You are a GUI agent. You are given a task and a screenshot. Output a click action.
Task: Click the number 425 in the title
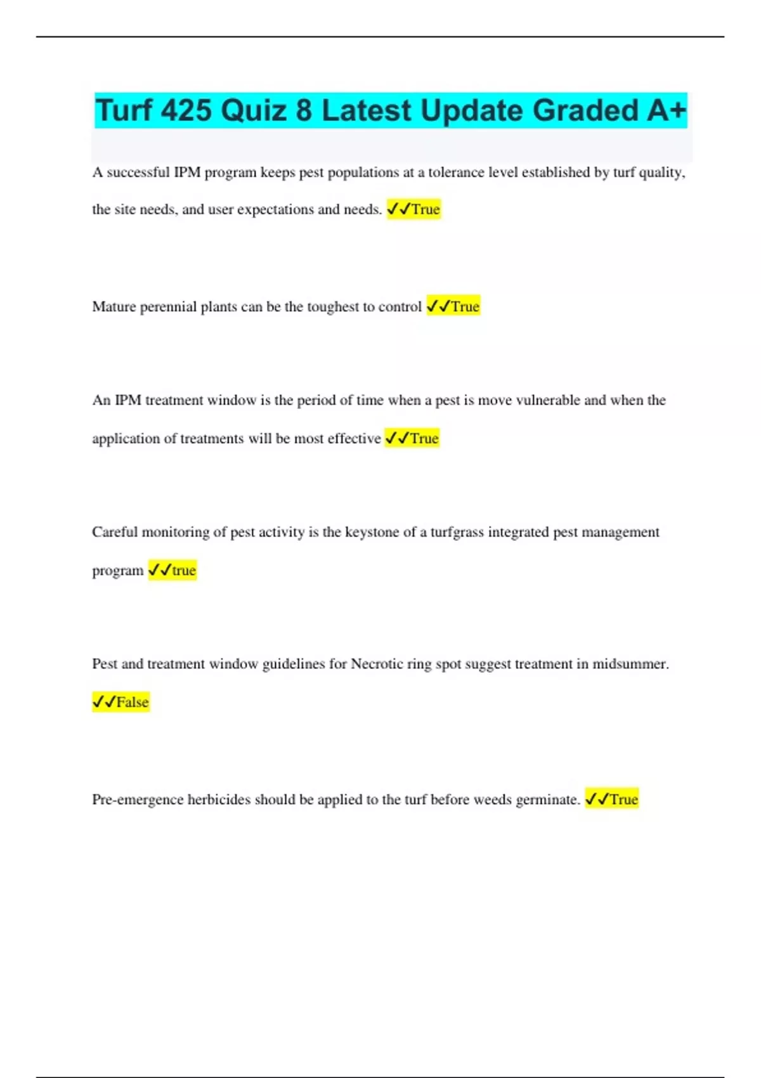[x=186, y=110]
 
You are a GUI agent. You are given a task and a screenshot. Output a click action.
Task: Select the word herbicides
[x=219, y=799]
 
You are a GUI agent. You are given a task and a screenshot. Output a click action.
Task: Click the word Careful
[x=115, y=532]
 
